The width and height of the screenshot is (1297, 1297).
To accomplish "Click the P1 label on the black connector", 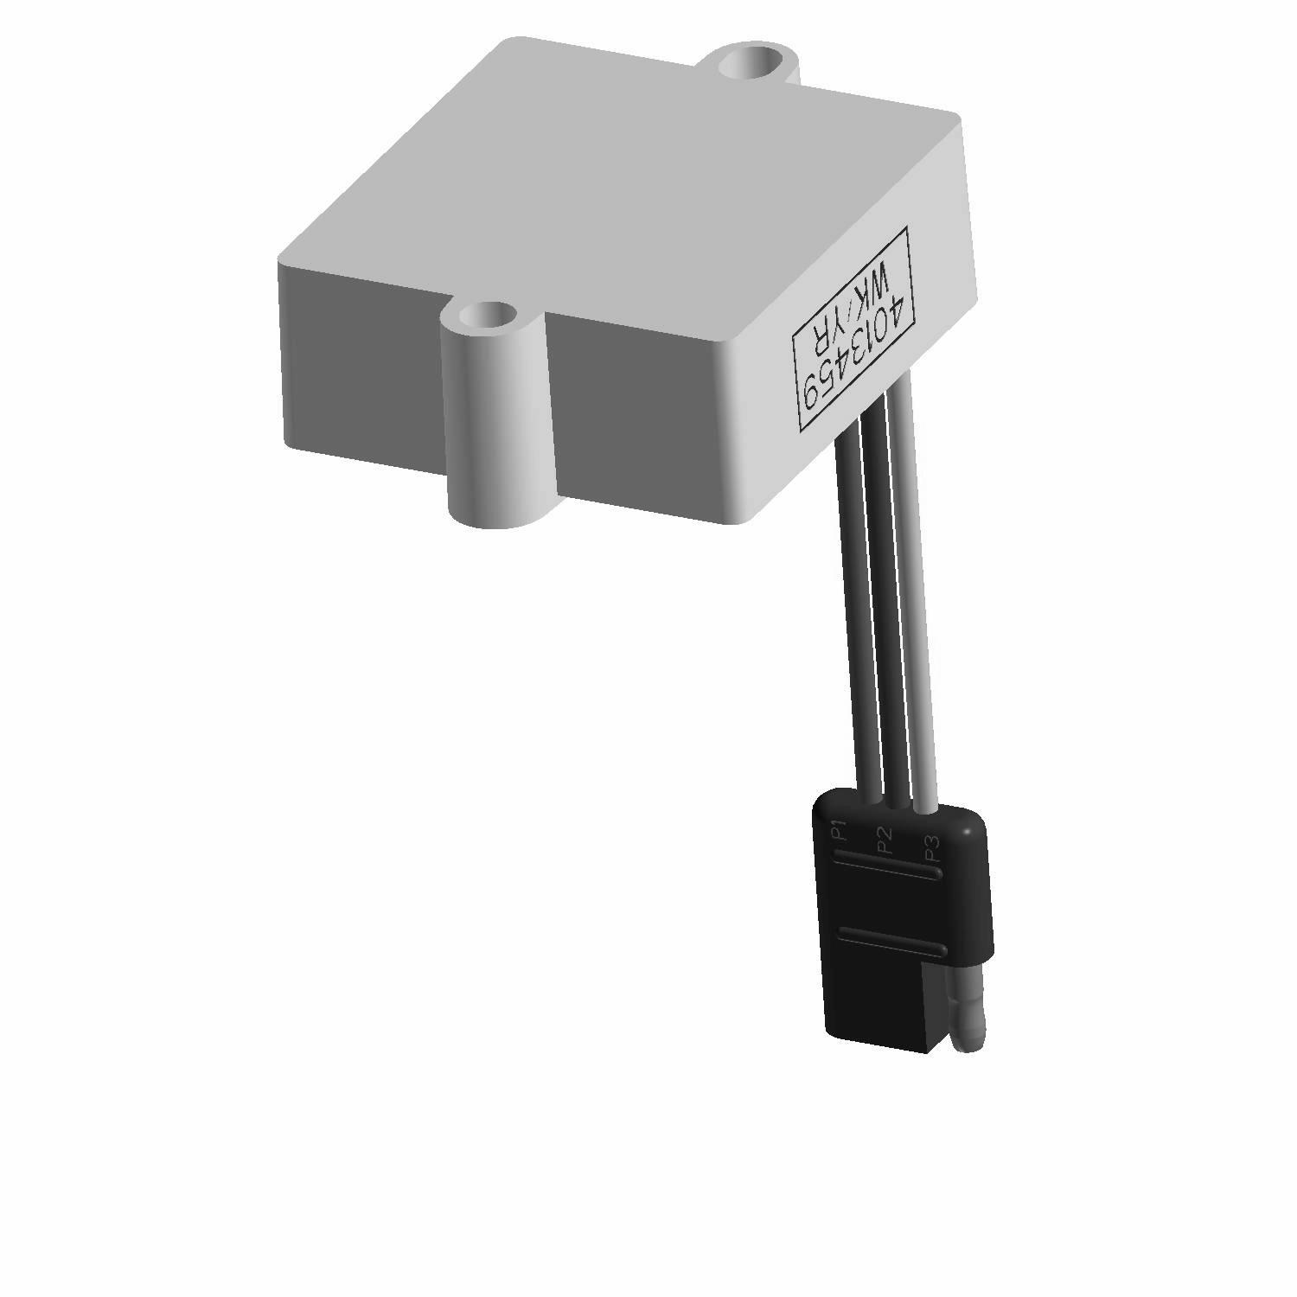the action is pyautogui.click(x=838, y=830).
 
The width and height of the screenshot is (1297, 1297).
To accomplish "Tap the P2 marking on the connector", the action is pyautogui.click(x=884, y=840).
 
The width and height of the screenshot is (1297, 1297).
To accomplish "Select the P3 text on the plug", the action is pyautogui.click(x=932, y=848).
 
